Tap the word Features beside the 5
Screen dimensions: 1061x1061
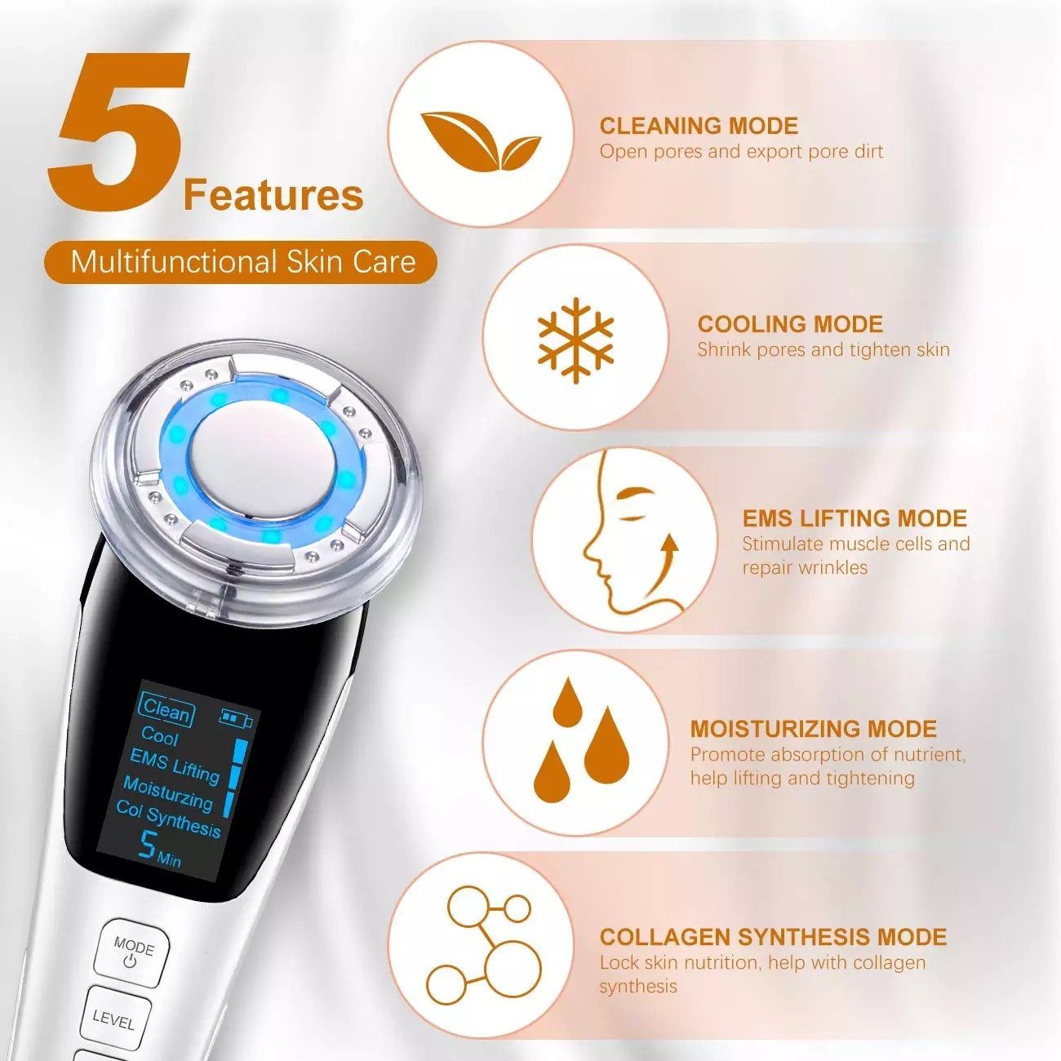coord(273,196)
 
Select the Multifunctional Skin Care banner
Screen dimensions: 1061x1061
coord(242,262)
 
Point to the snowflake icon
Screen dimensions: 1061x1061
coord(575,340)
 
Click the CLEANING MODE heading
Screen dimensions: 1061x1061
coord(699,126)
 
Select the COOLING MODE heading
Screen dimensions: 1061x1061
coord(790,324)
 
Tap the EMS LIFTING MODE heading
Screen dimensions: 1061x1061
coord(854,518)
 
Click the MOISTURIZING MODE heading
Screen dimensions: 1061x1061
coord(813,729)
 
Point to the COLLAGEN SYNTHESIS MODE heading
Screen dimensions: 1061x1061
coord(773,937)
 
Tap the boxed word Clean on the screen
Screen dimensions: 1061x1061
coord(166,710)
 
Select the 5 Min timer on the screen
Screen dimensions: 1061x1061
coord(159,849)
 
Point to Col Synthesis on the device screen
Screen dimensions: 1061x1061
coord(168,819)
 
